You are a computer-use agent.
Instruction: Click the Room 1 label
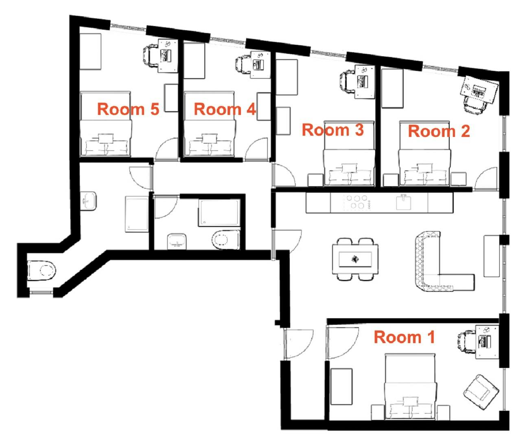click(404, 337)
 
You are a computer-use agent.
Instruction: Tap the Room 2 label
click(439, 131)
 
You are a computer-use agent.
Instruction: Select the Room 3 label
click(333, 130)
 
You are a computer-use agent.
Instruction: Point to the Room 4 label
click(225, 109)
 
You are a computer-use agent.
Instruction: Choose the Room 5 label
click(128, 109)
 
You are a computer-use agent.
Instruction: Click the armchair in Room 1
click(481, 392)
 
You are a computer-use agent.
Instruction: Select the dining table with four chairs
click(355, 259)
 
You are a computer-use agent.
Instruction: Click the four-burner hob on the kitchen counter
click(357, 202)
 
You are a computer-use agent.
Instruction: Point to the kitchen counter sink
click(403, 202)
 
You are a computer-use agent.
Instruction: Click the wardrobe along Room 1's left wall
click(341, 387)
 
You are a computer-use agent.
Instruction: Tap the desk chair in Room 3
click(348, 82)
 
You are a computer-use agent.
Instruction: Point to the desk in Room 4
click(260, 65)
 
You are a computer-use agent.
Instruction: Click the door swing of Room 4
click(256, 149)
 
